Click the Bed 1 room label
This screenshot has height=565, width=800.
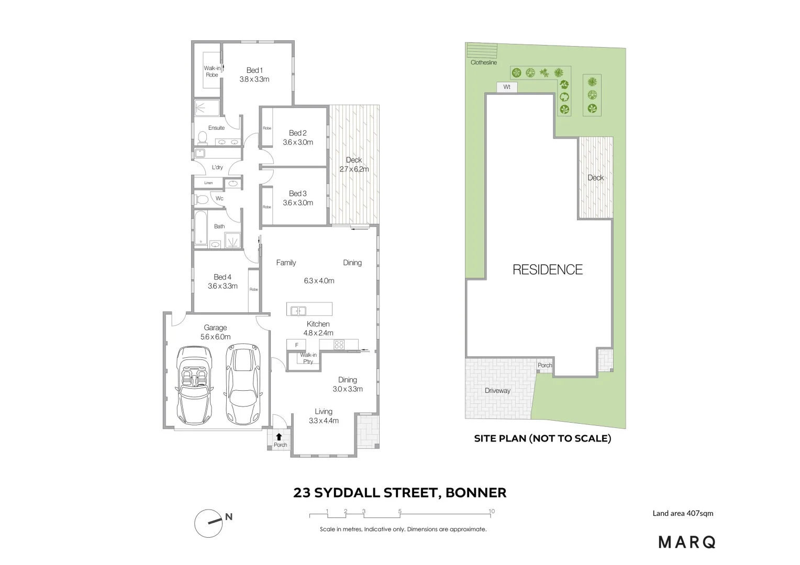point(254,70)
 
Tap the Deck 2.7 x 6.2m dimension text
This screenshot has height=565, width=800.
point(354,169)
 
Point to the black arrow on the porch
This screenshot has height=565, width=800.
point(279,436)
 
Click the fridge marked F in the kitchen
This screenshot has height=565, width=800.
point(296,345)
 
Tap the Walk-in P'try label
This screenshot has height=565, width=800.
point(308,358)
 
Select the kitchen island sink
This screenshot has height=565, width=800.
point(298,310)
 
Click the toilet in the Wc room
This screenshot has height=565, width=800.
point(201,199)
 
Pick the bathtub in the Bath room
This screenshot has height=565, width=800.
point(201,228)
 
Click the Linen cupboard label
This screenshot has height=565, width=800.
point(208,183)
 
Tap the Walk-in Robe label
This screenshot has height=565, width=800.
point(212,71)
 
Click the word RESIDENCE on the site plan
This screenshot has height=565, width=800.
point(547,269)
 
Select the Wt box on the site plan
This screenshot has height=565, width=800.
point(506,87)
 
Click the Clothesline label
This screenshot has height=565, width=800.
point(483,62)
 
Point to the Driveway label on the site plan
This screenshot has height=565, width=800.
point(497,390)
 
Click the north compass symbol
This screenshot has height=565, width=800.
point(207,523)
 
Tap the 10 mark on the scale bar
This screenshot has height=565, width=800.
point(491,511)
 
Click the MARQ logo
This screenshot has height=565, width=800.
point(686,542)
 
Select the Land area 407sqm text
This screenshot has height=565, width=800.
point(682,513)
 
